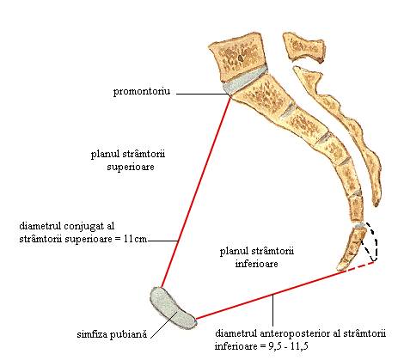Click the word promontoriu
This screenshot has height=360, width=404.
[142, 92]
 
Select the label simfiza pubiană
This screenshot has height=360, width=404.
[112, 334]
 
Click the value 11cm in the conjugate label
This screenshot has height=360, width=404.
[136, 239]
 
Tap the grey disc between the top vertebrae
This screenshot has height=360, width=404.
[245, 80]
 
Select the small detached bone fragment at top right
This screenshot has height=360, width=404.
[303, 47]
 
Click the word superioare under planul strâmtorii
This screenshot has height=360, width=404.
[131, 167]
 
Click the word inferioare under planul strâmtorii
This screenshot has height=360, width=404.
[256, 264]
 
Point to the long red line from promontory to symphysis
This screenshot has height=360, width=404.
[196, 192]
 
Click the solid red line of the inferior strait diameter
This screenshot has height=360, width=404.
[271, 295]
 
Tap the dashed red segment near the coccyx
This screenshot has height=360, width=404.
[360, 266]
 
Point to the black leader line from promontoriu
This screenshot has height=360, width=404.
[203, 94]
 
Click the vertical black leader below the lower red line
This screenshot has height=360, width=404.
[273, 311]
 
